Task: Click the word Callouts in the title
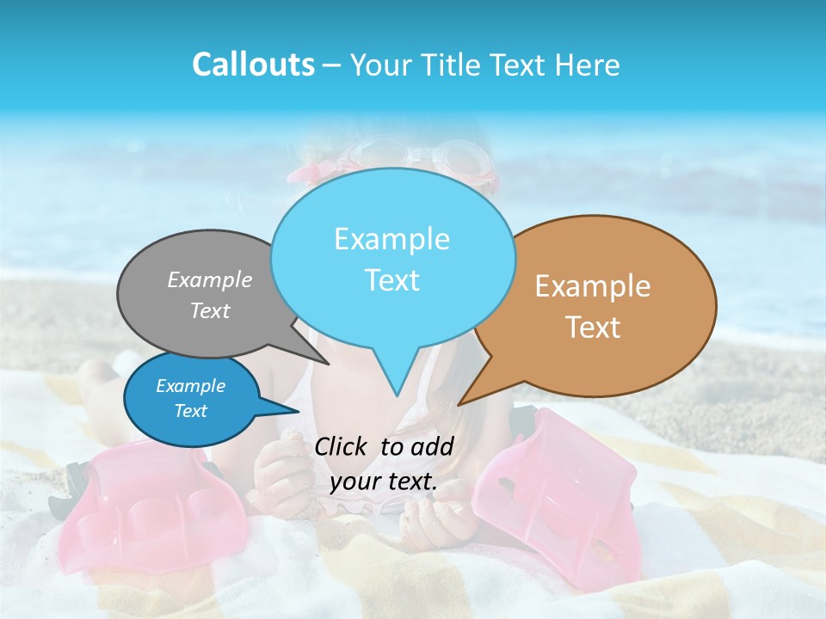coord(253,64)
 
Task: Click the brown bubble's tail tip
coord(459,403)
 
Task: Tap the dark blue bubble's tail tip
coord(297,410)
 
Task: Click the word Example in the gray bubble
coord(210,279)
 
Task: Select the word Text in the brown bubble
coord(593,328)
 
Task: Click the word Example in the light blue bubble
coord(391,239)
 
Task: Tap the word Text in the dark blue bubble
coord(191,411)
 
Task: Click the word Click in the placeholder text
coord(341,446)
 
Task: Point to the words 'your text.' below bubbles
coord(384,481)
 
